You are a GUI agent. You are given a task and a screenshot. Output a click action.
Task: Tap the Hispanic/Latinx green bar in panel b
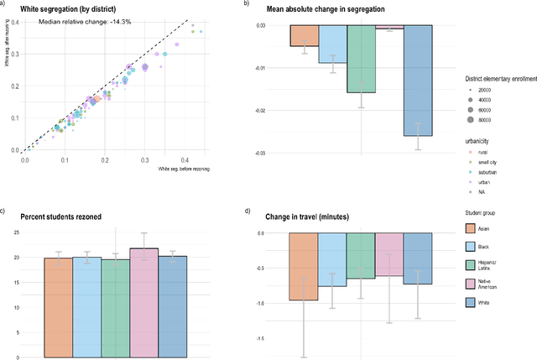tap(361, 59)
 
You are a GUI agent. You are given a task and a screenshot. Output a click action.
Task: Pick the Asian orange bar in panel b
tap(304, 35)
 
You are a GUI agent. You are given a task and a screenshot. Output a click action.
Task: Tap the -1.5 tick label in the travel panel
tap(261, 338)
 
